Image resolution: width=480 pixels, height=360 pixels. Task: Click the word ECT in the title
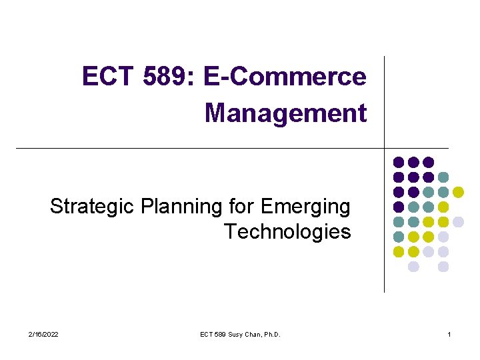click(x=108, y=77)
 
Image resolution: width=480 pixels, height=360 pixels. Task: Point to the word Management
click(x=286, y=113)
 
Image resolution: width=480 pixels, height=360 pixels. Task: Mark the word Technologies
click(x=287, y=232)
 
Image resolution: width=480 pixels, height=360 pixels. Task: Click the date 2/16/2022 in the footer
click(x=44, y=334)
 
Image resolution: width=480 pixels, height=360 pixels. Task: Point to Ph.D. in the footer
click(x=273, y=334)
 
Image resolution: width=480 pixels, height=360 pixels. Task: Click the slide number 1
click(x=449, y=334)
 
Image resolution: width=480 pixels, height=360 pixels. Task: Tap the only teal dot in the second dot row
click(x=443, y=177)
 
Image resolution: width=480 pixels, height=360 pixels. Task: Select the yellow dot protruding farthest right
click(x=458, y=192)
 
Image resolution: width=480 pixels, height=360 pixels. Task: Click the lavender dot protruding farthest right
click(x=458, y=221)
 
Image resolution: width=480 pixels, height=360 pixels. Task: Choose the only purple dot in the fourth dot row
click(x=399, y=207)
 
